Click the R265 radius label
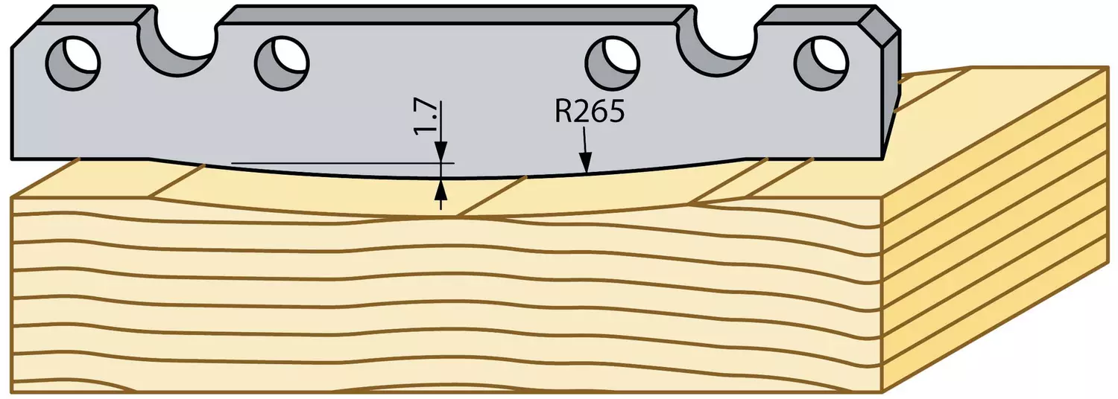click(x=589, y=112)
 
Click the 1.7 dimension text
click(x=424, y=118)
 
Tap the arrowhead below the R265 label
click(x=586, y=164)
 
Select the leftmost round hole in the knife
click(x=73, y=63)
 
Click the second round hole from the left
click(x=282, y=63)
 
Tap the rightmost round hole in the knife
click(x=821, y=63)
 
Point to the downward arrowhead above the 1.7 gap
click(x=440, y=152)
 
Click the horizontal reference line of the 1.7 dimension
click(x=343, y=163)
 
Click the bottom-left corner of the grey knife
click(x=12, y=159)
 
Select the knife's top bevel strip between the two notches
click(x=457, y=15)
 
